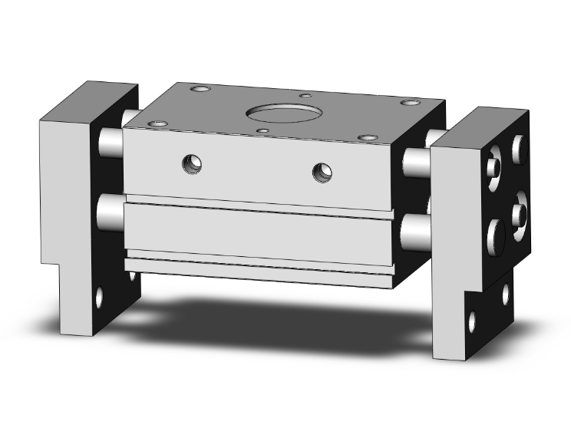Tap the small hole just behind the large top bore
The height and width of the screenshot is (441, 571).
(x=305, y=96)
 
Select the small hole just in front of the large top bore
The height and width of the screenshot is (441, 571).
(x=263, y=132)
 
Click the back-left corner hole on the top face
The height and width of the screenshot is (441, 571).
(x=202, y=91)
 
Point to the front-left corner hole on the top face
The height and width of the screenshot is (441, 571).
(x=160, y=123)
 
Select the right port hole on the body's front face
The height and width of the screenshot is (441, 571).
(x=322, y=172)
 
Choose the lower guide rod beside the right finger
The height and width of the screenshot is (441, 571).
(x=415, y=228)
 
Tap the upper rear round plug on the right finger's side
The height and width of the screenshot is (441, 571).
(x=520, y=145)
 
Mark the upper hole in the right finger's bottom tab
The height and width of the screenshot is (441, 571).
(x=506, y=292)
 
